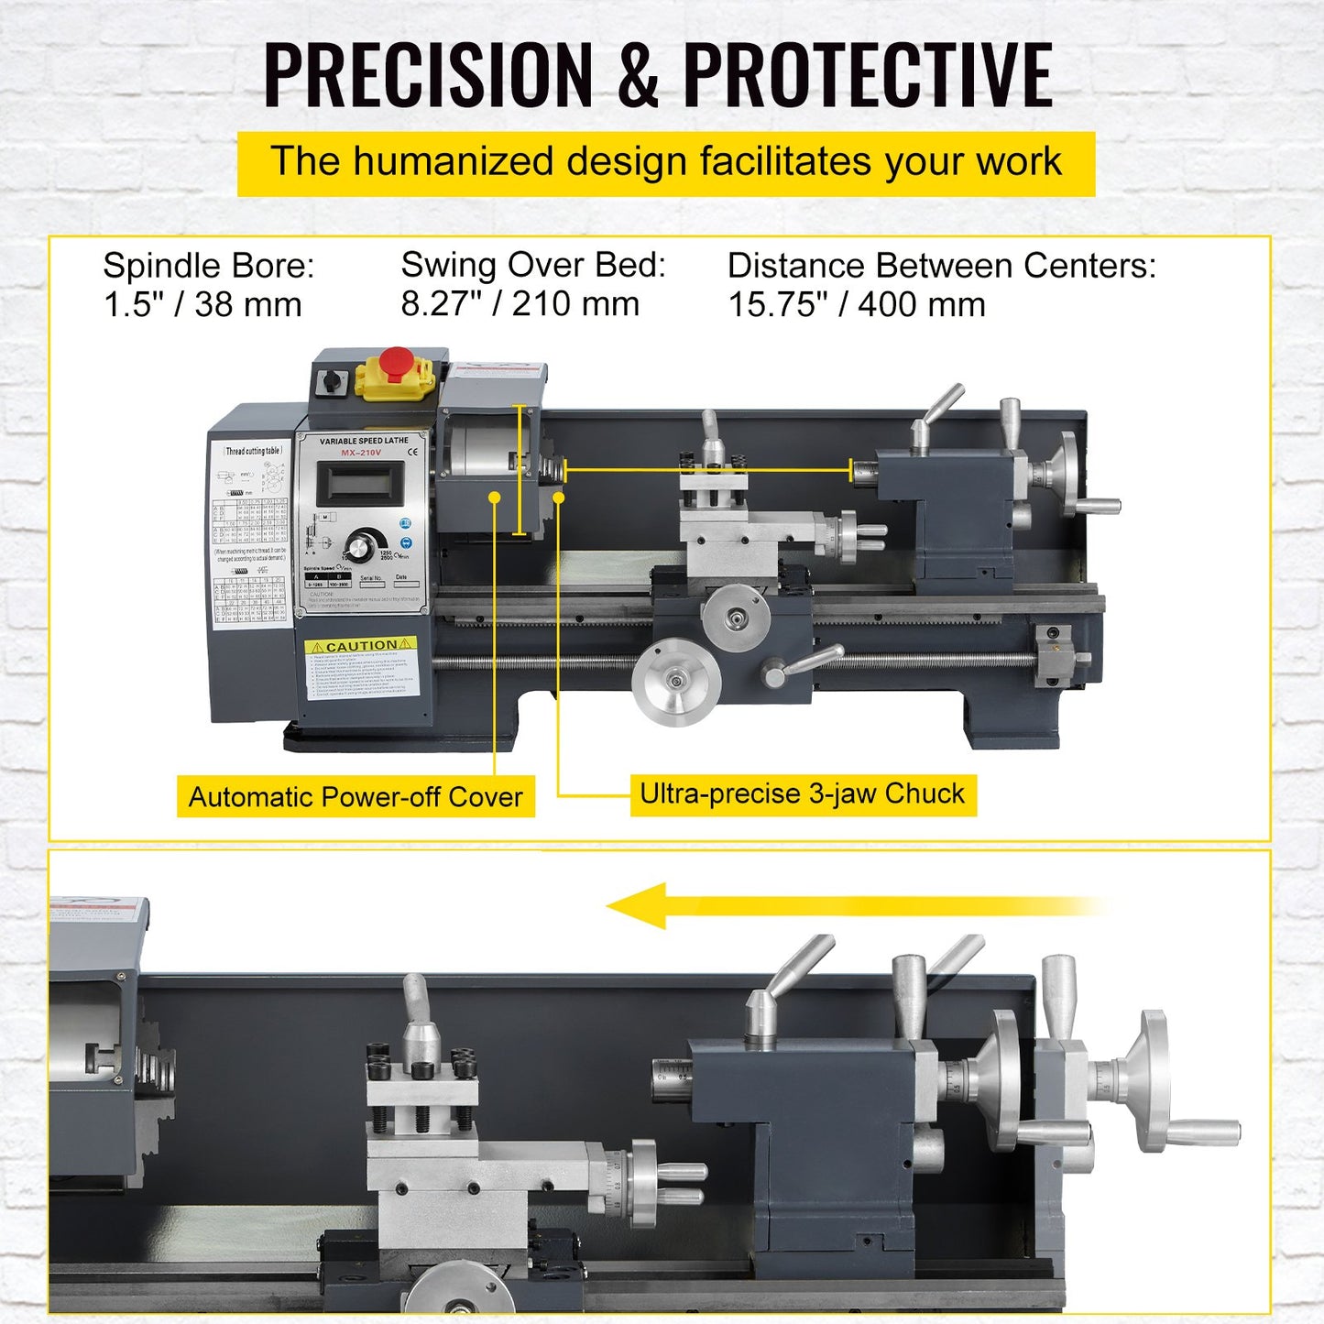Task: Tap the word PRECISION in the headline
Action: (x=428, y=75)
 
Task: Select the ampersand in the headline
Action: (x=638, y=75)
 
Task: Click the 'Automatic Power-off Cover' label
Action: (x=356, y=797)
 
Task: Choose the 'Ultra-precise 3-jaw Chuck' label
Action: (x=803, y=793)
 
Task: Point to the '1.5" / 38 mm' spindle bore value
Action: (x=202, y=305)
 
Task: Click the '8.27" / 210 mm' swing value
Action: (x=520, y=304)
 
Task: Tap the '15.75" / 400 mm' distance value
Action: (x=857, y=305)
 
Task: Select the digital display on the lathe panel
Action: (x=360, y=483)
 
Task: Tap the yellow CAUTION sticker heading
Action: (x=361, y=646)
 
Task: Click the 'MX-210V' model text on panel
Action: (x=361, y=453)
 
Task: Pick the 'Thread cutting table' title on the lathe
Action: (x=253, y=451)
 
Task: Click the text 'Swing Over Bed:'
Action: (x=533, y=265)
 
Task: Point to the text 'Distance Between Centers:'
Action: (x=941, y=266)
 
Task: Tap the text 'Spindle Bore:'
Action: (x=209, y=266)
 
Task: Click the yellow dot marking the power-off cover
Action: (x=494, y=497)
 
